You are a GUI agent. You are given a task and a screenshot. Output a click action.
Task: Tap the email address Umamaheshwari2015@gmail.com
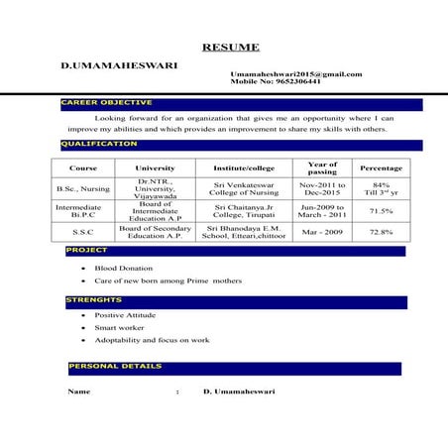[x=295, y=74]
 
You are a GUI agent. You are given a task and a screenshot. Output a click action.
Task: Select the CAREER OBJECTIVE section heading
[x=107, y=102]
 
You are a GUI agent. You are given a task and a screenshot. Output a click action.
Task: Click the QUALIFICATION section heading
[x=100, y=144]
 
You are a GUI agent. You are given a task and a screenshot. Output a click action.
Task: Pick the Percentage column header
[x=381, y=168]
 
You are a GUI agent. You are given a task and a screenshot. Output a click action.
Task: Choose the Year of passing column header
[x=322, y=168]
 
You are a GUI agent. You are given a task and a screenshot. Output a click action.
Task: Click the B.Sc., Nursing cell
[x=83, y=188]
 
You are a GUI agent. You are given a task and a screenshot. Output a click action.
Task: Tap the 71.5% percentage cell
[x=381, y=210]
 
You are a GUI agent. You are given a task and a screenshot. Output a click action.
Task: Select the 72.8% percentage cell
[x=381, y=232]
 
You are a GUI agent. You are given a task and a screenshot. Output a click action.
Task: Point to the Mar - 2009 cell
[x=322, y=232]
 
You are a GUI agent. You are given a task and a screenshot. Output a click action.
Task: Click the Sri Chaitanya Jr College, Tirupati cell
[x=243, y=210]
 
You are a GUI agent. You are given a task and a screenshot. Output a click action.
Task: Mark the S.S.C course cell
[x=83, y=232]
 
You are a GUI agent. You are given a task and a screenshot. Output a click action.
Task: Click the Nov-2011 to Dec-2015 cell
[x=322, y=188]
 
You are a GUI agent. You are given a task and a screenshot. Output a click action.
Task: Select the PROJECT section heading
[x=86, y=251]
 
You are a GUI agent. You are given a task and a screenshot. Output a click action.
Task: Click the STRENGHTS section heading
[x=94, y=299]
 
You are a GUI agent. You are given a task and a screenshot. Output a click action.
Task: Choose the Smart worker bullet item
[x=118, y=327]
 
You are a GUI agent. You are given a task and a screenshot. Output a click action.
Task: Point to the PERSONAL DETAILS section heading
[x=115, y=367]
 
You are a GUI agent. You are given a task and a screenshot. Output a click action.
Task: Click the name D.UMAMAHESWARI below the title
[x=119, y=65]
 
